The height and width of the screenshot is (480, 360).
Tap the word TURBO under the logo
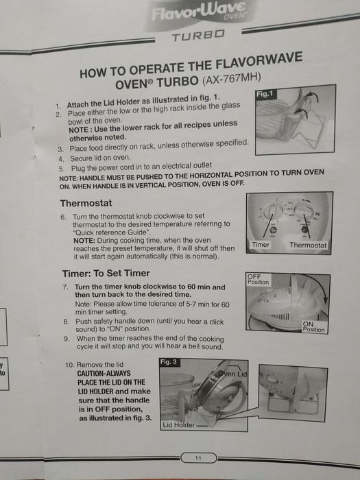(198, 36)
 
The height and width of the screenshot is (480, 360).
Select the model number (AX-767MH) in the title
(232, 79)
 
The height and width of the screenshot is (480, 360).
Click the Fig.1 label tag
(265, 94)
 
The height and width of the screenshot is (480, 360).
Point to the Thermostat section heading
(86, 203)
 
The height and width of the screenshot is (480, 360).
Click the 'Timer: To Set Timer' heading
(106, 273)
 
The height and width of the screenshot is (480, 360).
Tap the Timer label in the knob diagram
(261, 245)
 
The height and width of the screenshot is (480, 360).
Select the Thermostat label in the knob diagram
(308, 245)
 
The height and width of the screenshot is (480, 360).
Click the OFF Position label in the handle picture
(258, 279)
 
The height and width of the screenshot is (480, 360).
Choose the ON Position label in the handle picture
(313, 326)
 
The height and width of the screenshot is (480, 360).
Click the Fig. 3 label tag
(169, 362)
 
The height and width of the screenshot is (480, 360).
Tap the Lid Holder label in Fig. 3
(178, 425)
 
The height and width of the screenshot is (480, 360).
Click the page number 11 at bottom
(198, 458)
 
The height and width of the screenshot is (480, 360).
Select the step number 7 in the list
(65, 287)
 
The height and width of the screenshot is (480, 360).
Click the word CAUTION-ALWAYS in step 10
(104, 374)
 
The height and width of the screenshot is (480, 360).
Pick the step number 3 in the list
(60, 149)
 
